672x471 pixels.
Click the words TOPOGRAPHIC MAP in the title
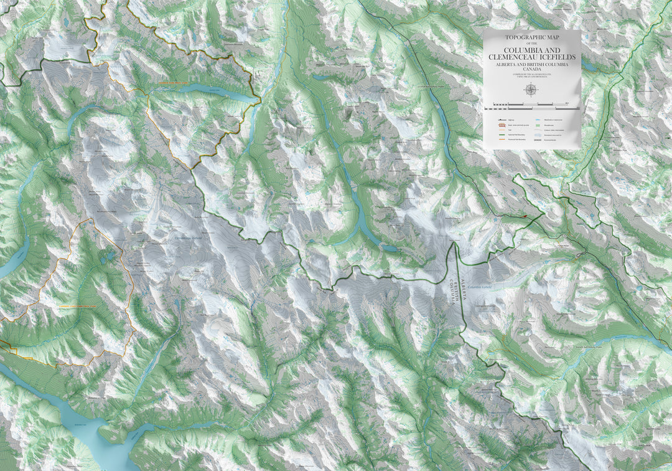pos(532,37)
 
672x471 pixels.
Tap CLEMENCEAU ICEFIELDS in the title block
pos(532,57)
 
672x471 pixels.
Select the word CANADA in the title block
pos(532,69)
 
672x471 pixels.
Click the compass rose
pos(531,89)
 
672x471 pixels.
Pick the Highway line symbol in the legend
pos(497,118)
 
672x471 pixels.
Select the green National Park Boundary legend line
pos(497,135)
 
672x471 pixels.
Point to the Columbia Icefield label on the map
pos(480,287)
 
